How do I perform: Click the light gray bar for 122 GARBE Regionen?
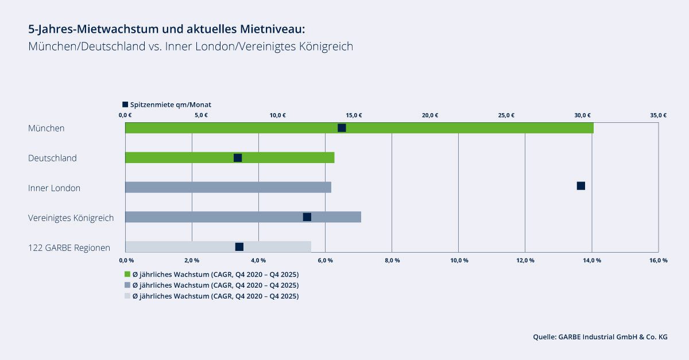[x=172, y=247]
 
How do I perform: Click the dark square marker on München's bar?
[x=342, y=127]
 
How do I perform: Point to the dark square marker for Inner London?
[x=580, y=185]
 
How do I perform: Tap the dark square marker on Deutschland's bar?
[x=238, y=157]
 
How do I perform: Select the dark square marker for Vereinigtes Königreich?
[x=307, y=216]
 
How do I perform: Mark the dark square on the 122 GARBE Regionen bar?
[x=239, y=247]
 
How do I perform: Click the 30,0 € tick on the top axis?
[x=583, y=115]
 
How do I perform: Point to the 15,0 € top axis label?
[x=354, y=115]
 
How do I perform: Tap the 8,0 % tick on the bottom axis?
[x=392, y=261]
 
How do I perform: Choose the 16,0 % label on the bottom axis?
[x=658, y=261]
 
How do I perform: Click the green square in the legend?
[x=127, y=274]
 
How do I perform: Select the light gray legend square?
[x=127, y=296]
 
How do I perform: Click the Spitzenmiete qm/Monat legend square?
[x=125, y=104]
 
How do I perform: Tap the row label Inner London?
[x=54, y=188]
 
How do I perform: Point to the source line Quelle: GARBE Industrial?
[x=600, y=338]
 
